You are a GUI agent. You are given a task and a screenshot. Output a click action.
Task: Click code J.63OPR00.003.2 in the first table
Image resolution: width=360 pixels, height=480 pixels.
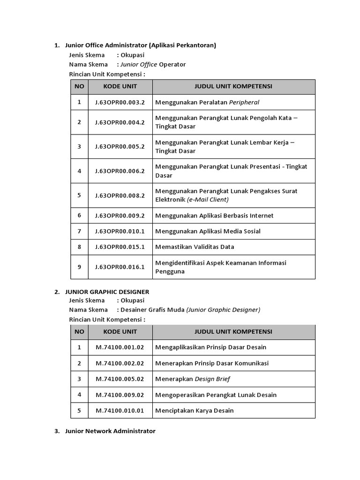pyautogui.click(x=120, y=102)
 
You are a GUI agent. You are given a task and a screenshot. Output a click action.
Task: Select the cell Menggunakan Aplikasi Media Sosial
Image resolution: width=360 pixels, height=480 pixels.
pyautogui.click(x=208, y=231)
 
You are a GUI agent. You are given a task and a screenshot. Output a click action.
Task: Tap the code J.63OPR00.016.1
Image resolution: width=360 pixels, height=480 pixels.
pyautogui.click(x=120, y=267)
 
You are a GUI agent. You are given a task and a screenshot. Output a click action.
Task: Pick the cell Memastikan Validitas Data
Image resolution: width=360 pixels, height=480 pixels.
pyautogui.click(x=195, y=247)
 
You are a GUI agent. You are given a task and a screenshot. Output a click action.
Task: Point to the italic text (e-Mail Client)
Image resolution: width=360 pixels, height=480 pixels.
pyautogui.click(x=208, y=200)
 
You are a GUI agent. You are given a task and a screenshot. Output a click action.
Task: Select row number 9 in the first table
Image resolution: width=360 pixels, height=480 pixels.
pyautogui.click(x=79, y=267)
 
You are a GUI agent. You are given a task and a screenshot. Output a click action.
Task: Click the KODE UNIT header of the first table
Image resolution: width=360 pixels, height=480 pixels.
pyautogui.click(x=120, y=87)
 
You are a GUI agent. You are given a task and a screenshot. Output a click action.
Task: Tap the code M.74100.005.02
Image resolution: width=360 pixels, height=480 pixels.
pyautogui.click(x=120, y=379)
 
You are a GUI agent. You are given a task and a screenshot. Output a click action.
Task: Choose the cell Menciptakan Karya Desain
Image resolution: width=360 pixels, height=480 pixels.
pyautogui.click(x=194, y=411)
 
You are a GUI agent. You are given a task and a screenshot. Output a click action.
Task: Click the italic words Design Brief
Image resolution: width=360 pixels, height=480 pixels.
pyautogui.click(x=212, y=379)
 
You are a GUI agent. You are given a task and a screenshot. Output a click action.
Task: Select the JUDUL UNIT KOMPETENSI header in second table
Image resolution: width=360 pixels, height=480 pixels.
pyautogui.click(x=233, y=332)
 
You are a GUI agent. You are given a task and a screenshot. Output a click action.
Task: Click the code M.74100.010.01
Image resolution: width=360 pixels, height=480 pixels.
pyautogui.click(x=120, y=411)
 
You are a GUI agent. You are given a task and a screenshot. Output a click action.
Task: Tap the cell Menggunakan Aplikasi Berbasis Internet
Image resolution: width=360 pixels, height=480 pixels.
pyautogui.click(x=214, y=216)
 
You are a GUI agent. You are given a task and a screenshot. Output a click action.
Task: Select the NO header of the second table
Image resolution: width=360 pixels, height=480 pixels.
pyautogui.click(x=79, y=332)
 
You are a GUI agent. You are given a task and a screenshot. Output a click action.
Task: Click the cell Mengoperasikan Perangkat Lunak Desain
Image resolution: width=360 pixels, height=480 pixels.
pyautogui.click(x=216, y=395)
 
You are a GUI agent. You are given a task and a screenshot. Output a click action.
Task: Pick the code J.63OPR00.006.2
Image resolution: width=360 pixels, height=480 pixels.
pyautogui.click(x=120, y=171)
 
